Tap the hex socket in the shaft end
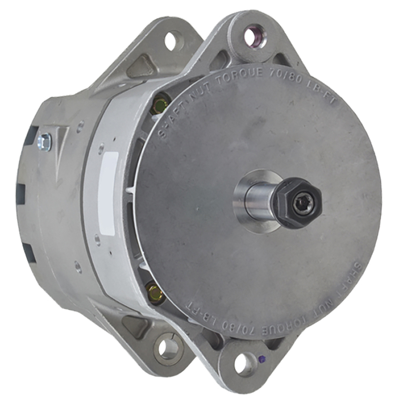[302, 204]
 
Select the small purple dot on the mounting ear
[262, 359]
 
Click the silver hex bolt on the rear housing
[45, 142]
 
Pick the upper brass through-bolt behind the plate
[160, 102]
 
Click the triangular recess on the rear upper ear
[141, 66]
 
